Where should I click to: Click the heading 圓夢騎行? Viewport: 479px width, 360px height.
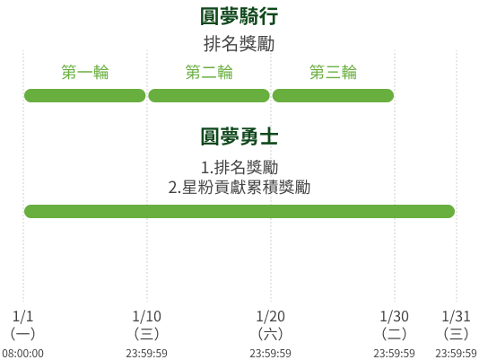[239, 16]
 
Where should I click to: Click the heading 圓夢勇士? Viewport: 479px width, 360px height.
[239, 136]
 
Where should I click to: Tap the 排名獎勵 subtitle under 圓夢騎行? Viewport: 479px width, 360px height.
[239, 44]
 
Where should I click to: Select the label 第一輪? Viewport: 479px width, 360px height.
[85, 72]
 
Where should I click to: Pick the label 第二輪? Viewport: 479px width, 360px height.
[209, 72]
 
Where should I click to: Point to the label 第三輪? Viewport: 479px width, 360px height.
[333, 72]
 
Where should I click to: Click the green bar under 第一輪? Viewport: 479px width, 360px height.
[85, 95]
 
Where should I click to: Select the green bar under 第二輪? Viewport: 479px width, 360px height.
[209, 95]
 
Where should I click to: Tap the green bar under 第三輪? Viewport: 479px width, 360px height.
[333, 95]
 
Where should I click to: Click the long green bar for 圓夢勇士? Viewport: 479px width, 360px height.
[239, 211]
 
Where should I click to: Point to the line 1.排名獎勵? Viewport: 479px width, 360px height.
[239, 167]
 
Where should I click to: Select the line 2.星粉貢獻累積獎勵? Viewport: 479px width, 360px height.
[239, 188]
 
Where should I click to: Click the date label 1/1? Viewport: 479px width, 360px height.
[23, 316]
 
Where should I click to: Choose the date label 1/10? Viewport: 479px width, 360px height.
[147, 316]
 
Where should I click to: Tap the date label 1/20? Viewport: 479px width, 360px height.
[271, 316]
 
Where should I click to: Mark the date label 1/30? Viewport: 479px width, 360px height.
[395, 316]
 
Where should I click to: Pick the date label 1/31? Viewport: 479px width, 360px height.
[456, 316]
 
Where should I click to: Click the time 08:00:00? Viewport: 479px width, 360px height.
[23, 354]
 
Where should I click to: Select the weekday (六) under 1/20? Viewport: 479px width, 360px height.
[271, 334]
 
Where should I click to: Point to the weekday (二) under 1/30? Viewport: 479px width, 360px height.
[395, 334]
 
